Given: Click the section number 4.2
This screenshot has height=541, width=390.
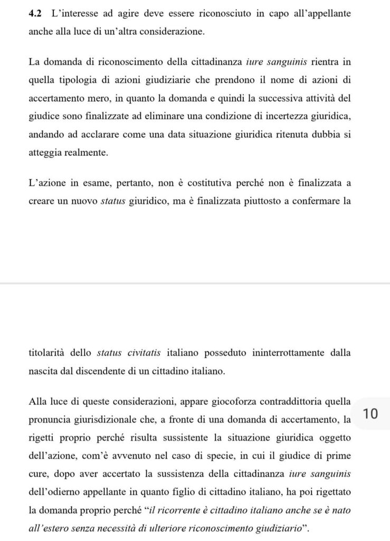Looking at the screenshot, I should coord(36,13).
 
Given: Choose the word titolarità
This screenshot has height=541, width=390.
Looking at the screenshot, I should coord(49,352).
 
